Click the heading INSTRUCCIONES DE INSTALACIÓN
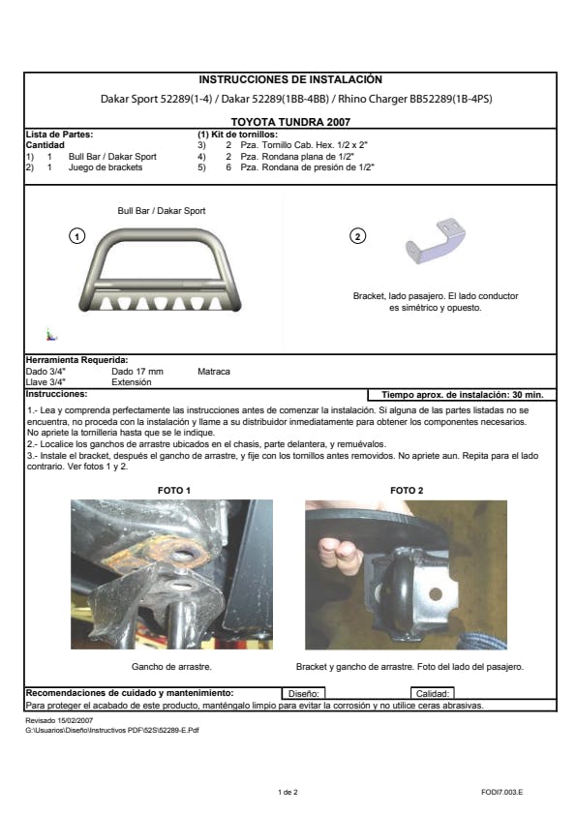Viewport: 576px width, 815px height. click(x=290, y=79)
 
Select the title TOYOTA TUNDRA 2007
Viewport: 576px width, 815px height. click(x=290, y=122)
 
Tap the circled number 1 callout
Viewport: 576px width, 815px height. click(x=76, y=236)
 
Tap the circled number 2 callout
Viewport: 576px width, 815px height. click(x=357, y=236)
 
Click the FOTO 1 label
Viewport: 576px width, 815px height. click(x=174, y=490)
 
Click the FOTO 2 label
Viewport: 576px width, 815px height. click(x=407, y=490)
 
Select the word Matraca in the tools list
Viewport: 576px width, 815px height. click(x=214, y=372)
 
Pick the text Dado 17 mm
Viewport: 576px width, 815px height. click(x=137, y=372)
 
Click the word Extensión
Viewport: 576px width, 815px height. click(x=132, y=382)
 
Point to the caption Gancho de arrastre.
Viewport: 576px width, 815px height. click(x=171, y=666)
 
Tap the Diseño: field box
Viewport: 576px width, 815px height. click(x=304, y=693)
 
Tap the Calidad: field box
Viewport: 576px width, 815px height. click(x=433, y=693)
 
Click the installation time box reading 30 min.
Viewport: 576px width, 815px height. click(x=462, y=395)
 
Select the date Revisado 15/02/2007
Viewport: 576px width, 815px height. click(x=59, y=720)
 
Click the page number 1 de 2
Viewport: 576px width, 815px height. click(x=288, y=792)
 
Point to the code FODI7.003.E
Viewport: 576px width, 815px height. click(x=501, y=792)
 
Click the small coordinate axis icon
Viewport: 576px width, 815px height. click(x=51, y=335)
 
